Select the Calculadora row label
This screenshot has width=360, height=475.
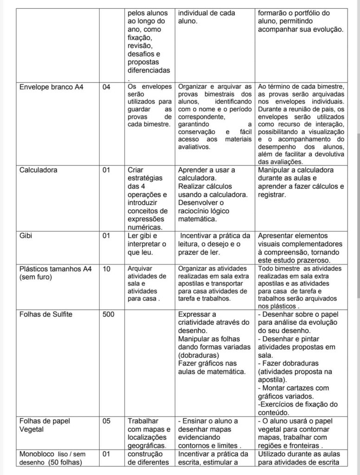click(39, 170)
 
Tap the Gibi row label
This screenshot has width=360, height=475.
click(26, 235)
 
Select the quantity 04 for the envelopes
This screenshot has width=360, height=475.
click(106, 87)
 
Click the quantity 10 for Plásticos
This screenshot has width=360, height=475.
click(106, 269)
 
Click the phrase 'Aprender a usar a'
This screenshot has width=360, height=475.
click(207, 170)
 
